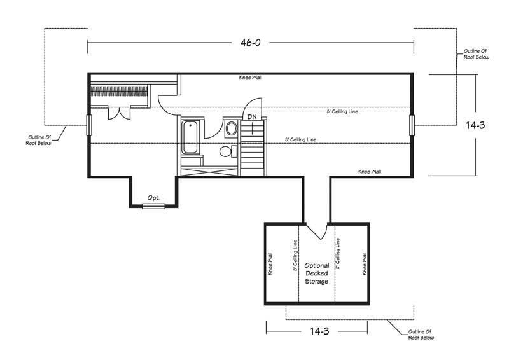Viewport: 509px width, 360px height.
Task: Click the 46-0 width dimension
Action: click(250, 43)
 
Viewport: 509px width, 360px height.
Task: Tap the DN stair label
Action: click(252, 116)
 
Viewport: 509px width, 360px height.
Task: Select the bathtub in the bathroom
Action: click(190, 137)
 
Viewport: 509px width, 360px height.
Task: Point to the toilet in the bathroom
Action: click(228, 151)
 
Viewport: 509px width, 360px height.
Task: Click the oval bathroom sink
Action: click(232, 128)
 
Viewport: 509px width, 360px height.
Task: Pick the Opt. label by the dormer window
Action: click(153, 198)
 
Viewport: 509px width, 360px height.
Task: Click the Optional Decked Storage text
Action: click(316, 273)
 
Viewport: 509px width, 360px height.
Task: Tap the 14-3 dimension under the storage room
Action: click(319, 331)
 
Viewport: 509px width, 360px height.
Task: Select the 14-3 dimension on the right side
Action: click(475, 125)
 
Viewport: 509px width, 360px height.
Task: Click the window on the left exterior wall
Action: click(89, 125)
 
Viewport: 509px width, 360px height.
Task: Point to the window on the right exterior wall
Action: click(412, 125)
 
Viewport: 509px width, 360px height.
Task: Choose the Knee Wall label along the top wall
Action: click(250, 78)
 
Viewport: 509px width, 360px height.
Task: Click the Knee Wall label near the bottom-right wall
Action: click(370, 171)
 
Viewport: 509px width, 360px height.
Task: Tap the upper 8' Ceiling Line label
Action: click(342, 111)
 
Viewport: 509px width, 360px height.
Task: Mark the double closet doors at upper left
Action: click(119, 113)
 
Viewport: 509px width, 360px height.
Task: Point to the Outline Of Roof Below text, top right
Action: click(476, 54)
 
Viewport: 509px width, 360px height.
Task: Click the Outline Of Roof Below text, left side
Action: click(39, 140)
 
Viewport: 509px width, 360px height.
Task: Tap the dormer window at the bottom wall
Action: click(153, 205)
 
